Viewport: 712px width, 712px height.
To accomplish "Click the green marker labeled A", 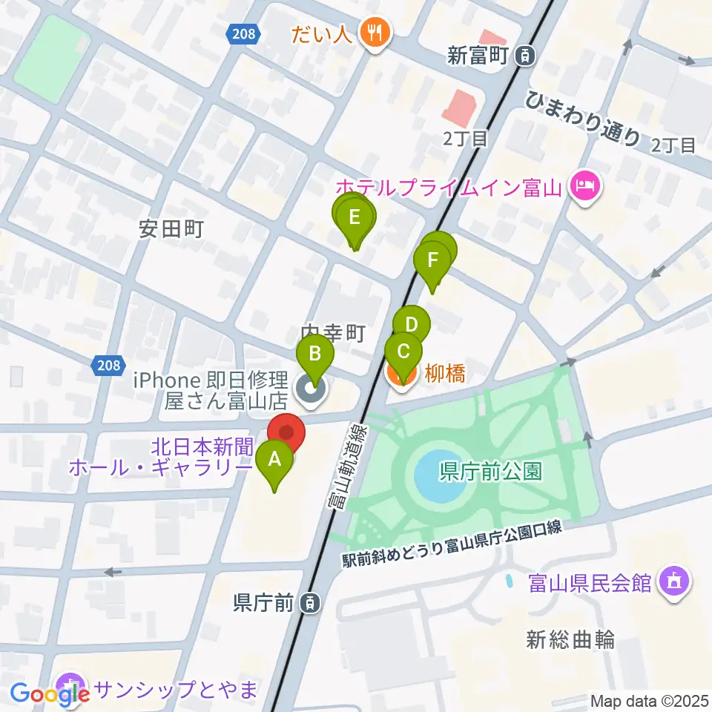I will click(274, 460).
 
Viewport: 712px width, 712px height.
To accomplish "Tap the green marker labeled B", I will click(314, 354).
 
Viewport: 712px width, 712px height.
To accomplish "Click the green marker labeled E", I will click(355, 217).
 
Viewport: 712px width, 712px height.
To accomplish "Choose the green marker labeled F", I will click(432, 260).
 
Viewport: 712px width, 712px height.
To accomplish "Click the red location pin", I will click(286, 432).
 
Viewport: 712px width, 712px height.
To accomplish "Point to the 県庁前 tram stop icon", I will click(311, 604).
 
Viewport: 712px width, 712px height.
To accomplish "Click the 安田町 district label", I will click(171, 229).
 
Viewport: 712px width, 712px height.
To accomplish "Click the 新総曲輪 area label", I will click(570, 639).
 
